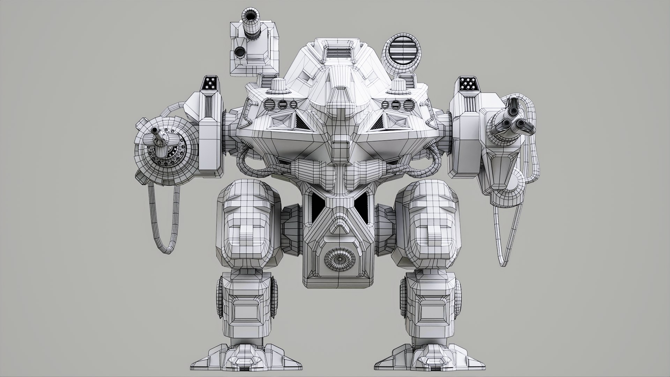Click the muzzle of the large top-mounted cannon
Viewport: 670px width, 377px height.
(250, 16)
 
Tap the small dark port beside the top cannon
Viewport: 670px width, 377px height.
(240, 52)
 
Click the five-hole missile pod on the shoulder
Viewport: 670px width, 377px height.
(211, 83)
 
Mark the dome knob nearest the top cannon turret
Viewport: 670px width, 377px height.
(278, 86)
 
